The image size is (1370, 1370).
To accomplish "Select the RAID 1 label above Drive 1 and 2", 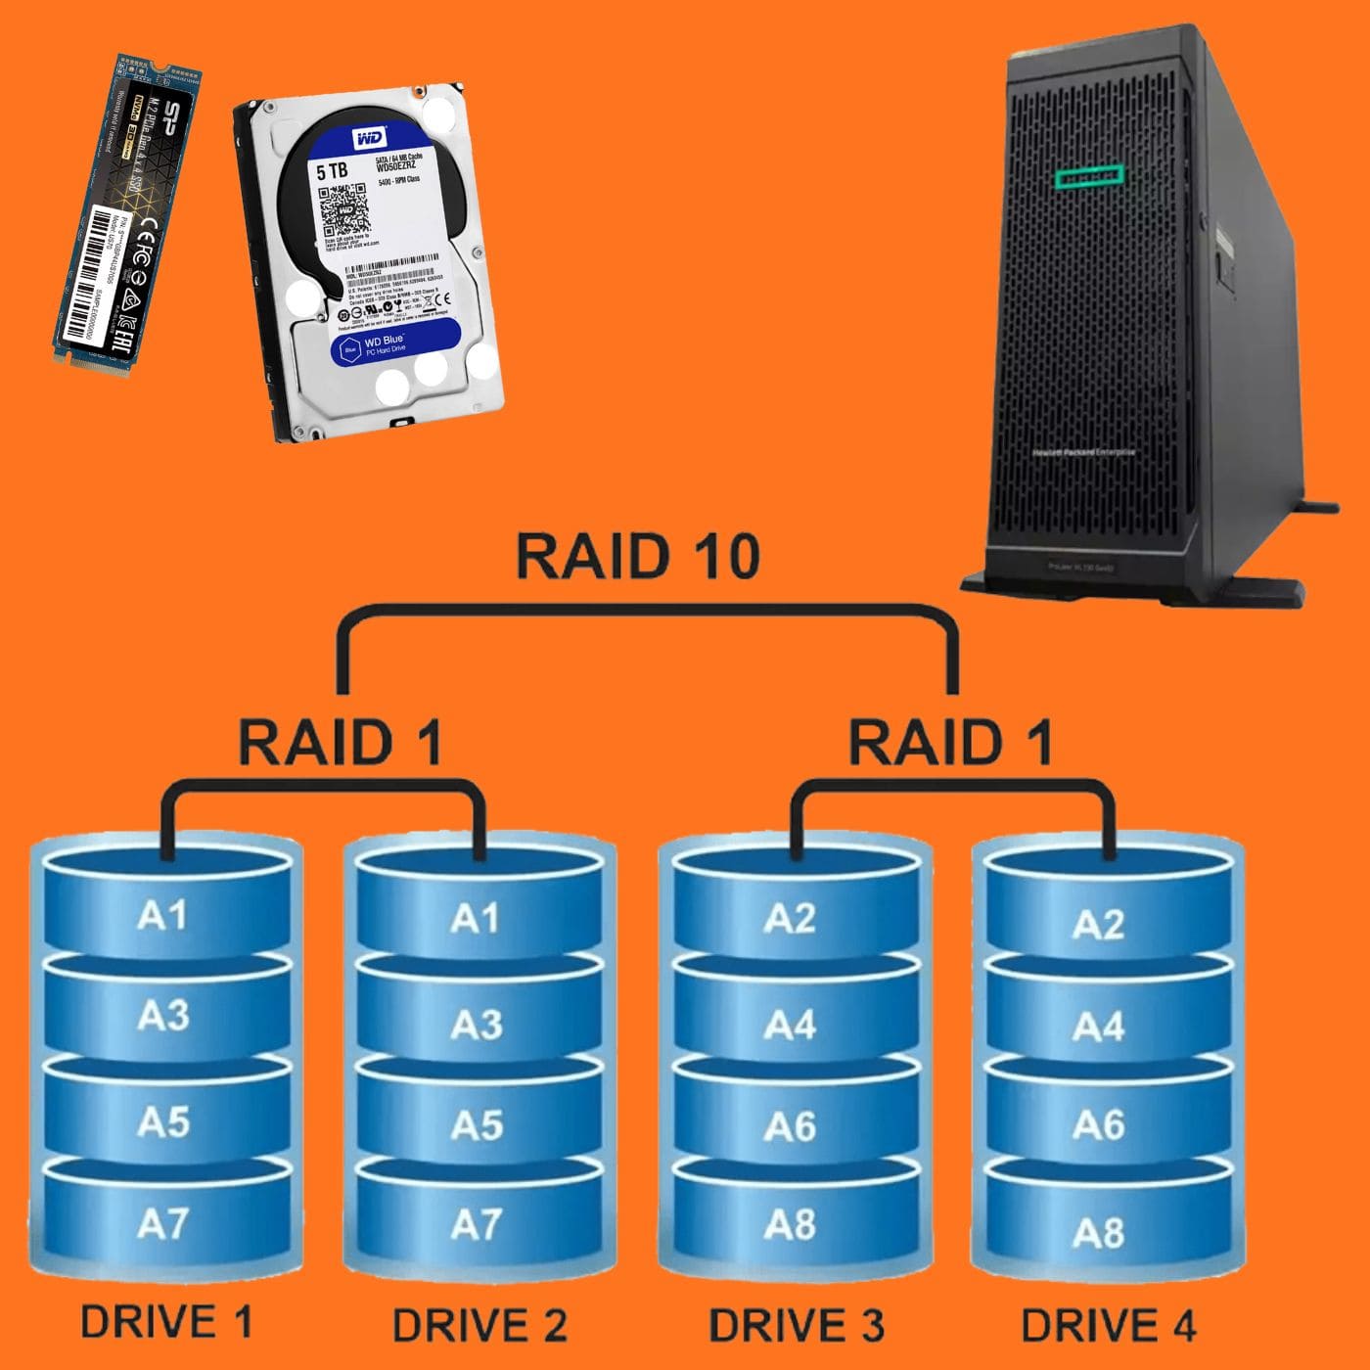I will point(340,742).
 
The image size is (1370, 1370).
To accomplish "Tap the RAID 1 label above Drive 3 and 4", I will point(949,742).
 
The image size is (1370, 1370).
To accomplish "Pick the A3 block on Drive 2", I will point(477,1025).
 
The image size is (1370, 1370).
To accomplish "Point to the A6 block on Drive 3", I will point(790,1126).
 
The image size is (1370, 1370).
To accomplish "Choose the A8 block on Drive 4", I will point(1098,1232).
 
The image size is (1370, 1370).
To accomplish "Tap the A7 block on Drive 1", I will point(162,1223).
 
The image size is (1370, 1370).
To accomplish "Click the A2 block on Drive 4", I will point(1098,924).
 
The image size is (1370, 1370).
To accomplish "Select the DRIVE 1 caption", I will point(166,1321).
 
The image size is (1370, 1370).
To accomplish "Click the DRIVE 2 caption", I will point(479,1326).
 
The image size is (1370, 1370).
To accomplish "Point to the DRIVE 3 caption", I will point(796,1326).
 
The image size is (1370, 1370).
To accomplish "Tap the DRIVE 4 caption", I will point(1108,1326).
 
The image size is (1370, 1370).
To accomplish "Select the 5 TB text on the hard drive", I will point(332,171).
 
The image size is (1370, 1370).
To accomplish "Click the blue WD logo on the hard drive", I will point(369,139).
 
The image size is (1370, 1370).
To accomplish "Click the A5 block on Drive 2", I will point(477,1125).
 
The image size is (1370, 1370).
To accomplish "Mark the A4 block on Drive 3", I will point(790,1025).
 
